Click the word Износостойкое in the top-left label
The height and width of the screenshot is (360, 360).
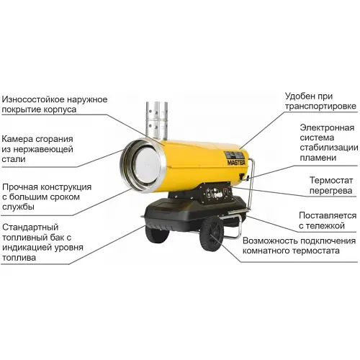pos(35,99)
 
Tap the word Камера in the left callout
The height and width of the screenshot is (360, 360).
pos(19,139)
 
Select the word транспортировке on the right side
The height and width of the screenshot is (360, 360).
pos(310,108)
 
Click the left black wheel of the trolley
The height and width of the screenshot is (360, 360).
pos(156,236)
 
